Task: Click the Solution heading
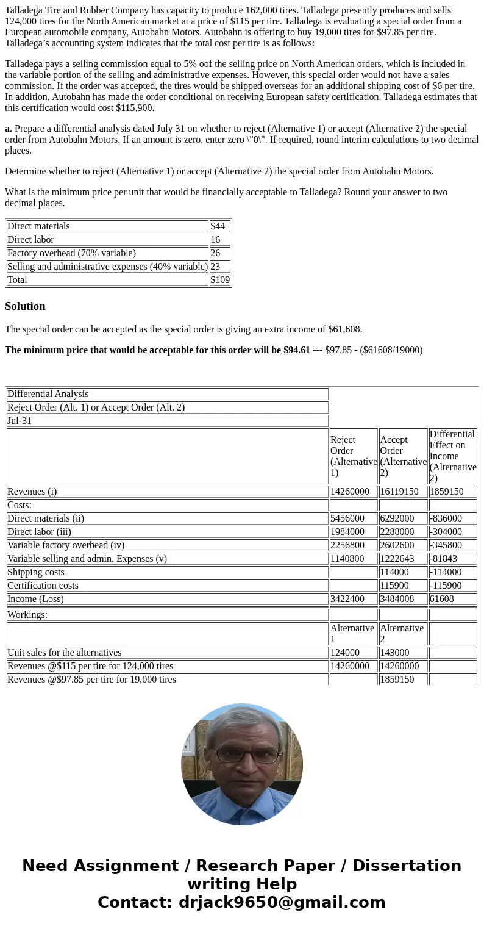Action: tap(25, 306)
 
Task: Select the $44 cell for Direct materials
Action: tap(218, 226)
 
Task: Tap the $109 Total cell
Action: tap(220, 280)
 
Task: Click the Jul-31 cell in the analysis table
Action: tap(20, 421)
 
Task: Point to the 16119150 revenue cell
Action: tap(402, 492)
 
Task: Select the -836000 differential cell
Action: tap(446, 518)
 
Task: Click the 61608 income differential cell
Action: tap(442, 599)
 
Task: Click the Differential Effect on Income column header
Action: tap(452, 456)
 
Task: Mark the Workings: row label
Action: tap(27, 615)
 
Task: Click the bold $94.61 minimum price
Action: tap(297, 350)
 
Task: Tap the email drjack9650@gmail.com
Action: tap(282, 903)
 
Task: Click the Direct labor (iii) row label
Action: tap(39, 532)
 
